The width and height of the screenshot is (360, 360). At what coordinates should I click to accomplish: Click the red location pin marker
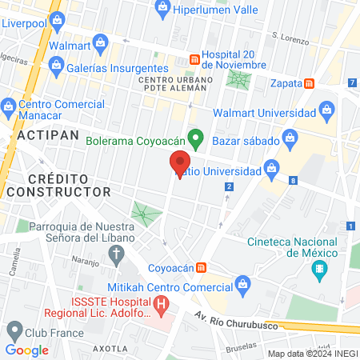(179, 163)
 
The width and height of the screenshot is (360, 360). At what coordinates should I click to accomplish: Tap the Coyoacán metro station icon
(203, 267)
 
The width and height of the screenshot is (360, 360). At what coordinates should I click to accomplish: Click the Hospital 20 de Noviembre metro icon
(194, 59)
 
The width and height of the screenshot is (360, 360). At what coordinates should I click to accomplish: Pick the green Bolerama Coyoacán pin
(194, 138)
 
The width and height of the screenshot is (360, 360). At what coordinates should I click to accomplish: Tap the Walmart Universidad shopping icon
(326, 109)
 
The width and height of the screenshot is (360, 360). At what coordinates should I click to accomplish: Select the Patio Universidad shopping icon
(272, 168)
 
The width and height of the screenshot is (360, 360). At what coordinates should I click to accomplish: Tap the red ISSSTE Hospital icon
(162, 304)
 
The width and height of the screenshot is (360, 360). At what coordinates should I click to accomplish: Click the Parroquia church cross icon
(117, 256)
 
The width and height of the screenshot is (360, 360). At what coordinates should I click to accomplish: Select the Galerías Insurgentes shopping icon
(55, 69)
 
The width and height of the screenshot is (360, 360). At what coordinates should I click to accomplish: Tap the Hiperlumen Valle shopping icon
(163, 8)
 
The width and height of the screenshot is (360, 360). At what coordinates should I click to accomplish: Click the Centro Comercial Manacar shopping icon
(9, 106)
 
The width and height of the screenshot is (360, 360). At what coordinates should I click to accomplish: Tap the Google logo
(26, 350)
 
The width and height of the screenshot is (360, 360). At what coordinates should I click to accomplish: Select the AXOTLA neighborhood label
(109, 349)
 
